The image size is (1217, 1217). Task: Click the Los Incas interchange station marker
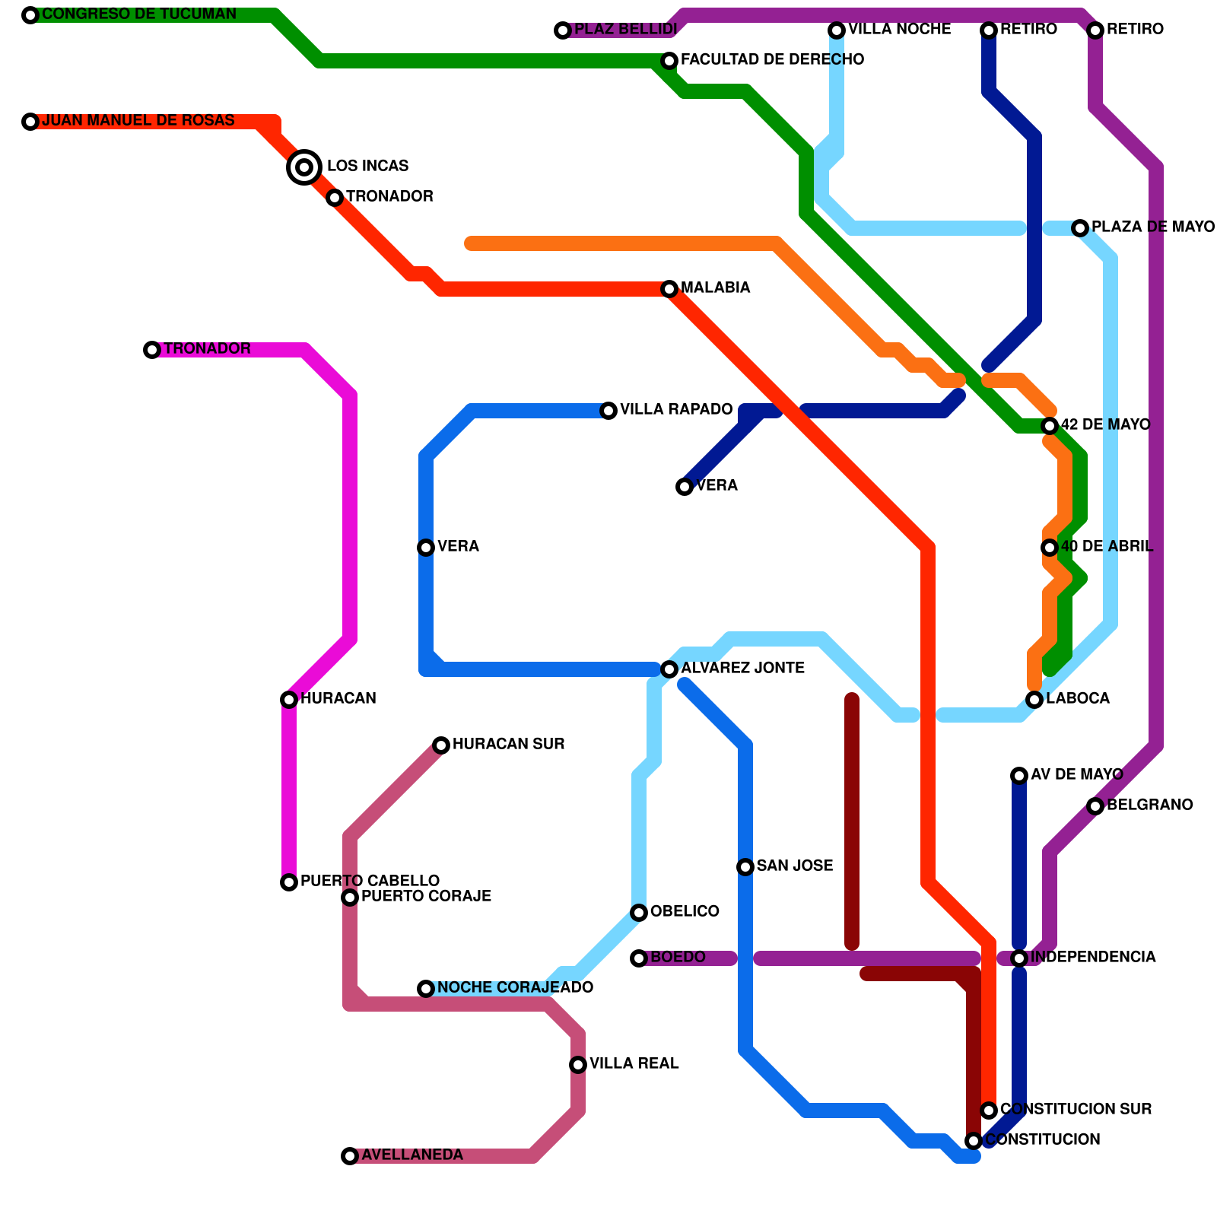tap(304, 167)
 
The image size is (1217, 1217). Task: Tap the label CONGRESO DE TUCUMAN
tap(139, 14)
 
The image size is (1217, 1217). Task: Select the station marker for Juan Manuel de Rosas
tap(30, 122)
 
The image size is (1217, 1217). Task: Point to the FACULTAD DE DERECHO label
tap(772, 59)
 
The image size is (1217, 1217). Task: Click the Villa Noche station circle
tap(837, 30)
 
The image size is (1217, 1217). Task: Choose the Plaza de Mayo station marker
tap(1080, 228)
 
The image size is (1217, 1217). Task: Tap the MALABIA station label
tap(715, 288)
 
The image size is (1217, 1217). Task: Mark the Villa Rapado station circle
tap(608, 411)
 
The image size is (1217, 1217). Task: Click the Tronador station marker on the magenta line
tap(152, 350)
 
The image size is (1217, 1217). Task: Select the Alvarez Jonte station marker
tap(669, 669)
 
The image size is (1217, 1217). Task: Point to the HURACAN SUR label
tap(508, 744)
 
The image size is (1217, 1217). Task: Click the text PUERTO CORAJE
tap(426, 896)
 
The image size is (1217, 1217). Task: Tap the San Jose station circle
tap(745, 867)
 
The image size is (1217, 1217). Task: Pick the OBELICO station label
tap(685, 911)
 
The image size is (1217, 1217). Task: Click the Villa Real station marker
tap(578, 1065)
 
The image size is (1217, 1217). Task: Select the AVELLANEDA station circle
tap(350, 1156)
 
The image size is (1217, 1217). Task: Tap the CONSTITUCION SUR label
tap(1076, 1109)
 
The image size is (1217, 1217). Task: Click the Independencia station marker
tap(1019, 958)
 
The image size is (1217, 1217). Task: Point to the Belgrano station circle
tap(1095, 806)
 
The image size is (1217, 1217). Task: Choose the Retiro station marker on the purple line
tap(1095, 30)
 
